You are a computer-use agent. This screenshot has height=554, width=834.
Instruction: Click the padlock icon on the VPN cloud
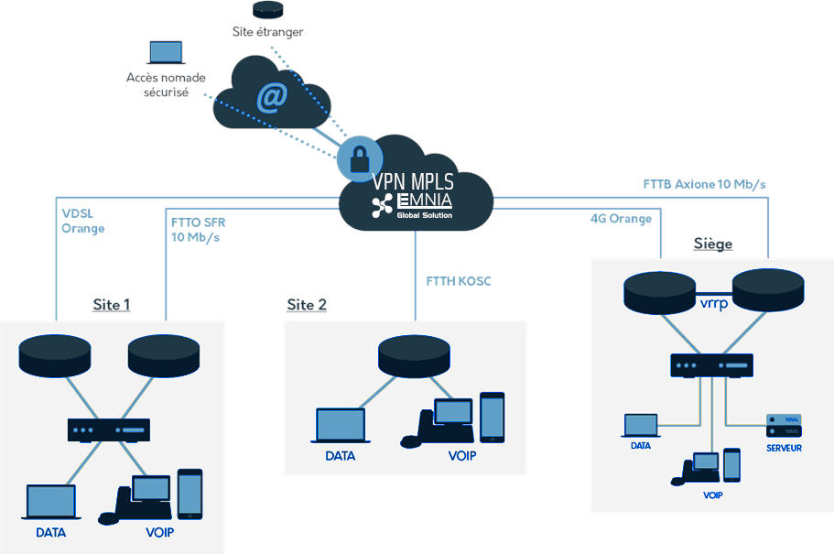[359, 157]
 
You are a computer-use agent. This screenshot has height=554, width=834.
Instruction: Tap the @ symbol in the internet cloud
[271, 96]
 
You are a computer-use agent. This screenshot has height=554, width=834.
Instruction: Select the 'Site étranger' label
[267, 32]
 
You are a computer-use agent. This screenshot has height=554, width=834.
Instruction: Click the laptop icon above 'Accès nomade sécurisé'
[166, 53]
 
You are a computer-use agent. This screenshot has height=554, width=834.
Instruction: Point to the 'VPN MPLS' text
[414, 181]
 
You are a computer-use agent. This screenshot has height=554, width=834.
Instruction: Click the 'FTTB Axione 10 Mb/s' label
[704, 184]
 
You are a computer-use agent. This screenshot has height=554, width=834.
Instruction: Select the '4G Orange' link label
[621, 219]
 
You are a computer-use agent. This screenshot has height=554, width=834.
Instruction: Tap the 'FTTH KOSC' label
[459, 281]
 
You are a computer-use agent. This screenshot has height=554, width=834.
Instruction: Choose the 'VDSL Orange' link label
[83, 221]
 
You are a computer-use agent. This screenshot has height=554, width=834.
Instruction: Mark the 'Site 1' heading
[111, 305]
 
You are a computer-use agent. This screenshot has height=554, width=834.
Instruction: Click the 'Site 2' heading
[307, 305]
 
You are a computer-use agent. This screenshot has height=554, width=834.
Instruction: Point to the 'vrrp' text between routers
[713, 303]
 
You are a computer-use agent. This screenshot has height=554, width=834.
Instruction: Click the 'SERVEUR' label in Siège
[784, 448]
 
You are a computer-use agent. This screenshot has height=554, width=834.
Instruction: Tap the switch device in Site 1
[108, 429]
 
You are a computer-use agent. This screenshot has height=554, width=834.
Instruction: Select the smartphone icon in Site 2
[492, 417]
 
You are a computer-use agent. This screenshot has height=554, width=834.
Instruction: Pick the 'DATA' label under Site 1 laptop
[51, 532]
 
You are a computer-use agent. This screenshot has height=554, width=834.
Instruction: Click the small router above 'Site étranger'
[267, 10]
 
